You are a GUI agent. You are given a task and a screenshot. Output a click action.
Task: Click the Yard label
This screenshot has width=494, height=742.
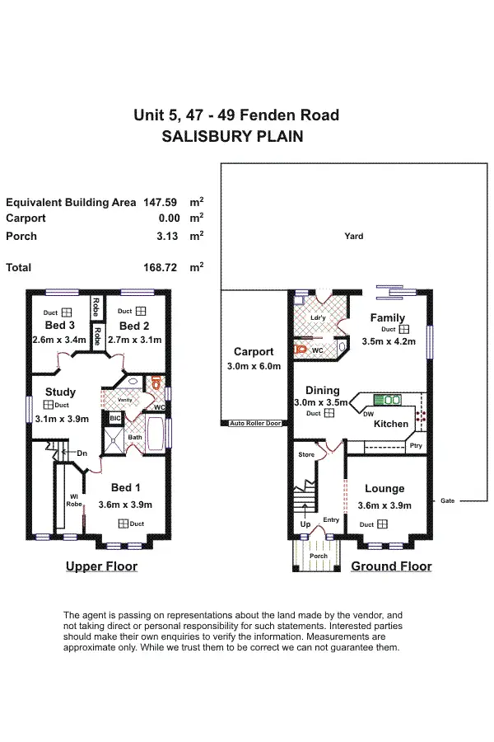click(x=354, y=237)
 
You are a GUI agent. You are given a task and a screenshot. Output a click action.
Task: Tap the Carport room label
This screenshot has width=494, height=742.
click(x=254, y=352)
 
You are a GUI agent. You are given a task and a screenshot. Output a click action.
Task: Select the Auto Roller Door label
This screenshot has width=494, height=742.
click(x=255, y=423)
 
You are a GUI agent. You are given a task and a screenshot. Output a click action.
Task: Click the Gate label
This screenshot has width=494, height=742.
click(x=447, y=500)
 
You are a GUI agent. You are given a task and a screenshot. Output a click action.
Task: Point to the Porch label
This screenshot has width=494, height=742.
click(x=318, y=556)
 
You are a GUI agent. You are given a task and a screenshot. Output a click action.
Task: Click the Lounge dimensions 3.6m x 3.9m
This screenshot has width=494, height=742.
click(x=384, y=505)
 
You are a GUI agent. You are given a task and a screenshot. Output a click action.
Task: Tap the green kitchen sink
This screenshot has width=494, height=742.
click(x=387, y=401)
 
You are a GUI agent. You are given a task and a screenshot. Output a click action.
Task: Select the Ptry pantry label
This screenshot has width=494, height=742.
click(x=416, y=446)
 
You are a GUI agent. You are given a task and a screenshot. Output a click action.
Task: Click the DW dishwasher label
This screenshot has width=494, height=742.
click(x=369, y=414)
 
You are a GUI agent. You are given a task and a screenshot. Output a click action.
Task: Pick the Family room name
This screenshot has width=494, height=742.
click(x=387, y=318)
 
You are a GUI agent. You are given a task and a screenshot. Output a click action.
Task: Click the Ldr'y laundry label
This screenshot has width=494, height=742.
click(x=315, y=318)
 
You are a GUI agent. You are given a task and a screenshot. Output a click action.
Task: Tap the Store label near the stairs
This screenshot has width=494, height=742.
click(x=306, y=454)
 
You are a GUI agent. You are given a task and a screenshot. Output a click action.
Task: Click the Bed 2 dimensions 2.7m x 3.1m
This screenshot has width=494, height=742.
click(x=135, y=339)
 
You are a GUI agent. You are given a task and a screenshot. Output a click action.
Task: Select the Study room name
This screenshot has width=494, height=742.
click(x=60, y=392)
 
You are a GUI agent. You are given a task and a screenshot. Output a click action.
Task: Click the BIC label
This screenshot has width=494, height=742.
click(x=114, y=419)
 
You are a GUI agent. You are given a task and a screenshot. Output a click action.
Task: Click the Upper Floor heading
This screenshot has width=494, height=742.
click(x=101, y=566)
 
